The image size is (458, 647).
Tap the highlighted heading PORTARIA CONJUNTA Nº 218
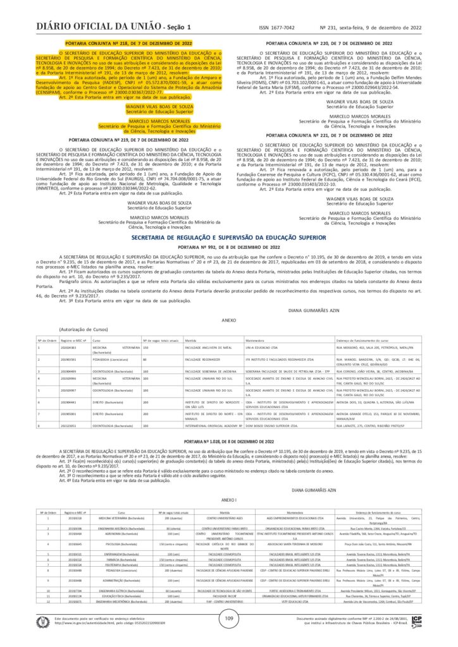pyautogui.click(x=128, y=42)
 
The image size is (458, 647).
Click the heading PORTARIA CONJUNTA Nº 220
pyautogui.click(x=329, y=42)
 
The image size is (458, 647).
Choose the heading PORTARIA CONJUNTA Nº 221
pyautogui.click(x=329, y=135)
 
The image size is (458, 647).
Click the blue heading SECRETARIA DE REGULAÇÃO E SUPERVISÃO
pyautogui.click(x=228, y=236)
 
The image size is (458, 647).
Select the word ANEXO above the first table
pyautogui.click(x=228, y=320)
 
